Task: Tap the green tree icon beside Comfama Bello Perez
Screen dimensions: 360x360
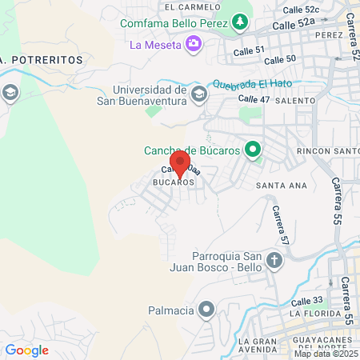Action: point(239,22)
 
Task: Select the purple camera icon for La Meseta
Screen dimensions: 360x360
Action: point(193,43)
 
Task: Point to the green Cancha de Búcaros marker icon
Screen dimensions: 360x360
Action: point(253,150)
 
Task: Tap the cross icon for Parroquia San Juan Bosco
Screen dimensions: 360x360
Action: point(274,260)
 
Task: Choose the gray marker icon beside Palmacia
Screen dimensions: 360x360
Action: point(207,308)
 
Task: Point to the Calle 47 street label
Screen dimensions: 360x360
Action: point(255,99)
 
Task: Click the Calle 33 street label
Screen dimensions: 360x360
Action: point(306,300)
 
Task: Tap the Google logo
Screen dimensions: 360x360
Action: point(26,350)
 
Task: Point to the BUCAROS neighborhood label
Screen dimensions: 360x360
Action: point(174,182)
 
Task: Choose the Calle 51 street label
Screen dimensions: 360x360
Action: point(248,50)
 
